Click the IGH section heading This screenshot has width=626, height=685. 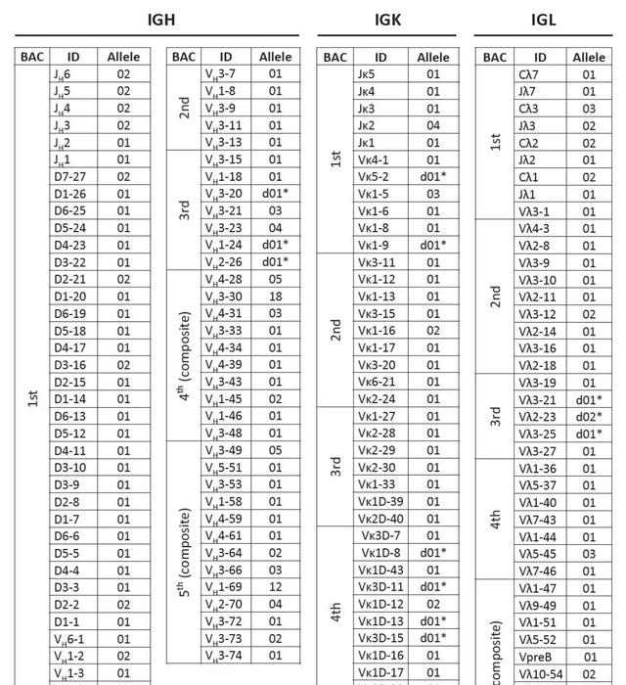point(161,20)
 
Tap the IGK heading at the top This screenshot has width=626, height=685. point(387,20)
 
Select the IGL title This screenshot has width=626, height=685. point(543,20)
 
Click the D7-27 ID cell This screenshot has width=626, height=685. point(69,176)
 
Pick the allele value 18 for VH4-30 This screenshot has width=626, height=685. point(275,296)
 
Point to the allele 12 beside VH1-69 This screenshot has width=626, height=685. point(275,586)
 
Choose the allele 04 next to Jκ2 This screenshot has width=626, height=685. point(433,125)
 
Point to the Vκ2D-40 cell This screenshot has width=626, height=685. point(380,519)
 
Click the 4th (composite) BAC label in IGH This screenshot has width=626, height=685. point(185,355)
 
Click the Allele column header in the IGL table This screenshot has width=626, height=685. point(589,57)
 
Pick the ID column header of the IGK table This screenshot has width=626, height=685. point(381,57)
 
